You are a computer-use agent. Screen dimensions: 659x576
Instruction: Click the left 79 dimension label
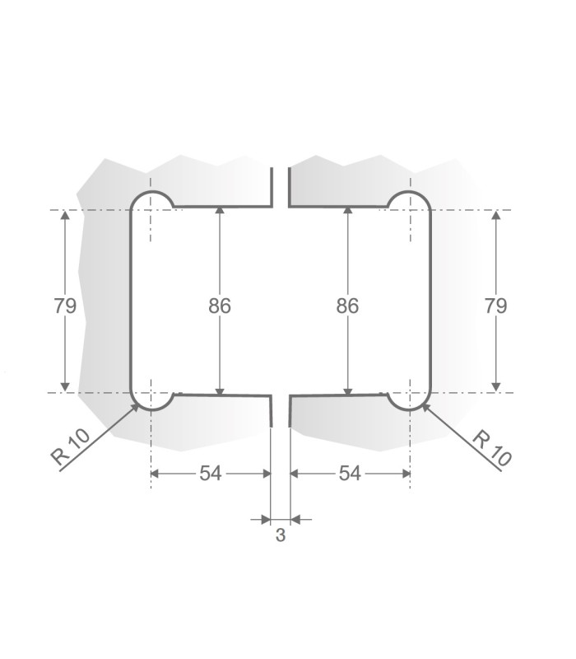tap(65, 306)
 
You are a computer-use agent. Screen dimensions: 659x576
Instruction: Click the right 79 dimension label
tap(495, 306)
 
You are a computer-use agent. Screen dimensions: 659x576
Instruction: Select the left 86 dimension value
tap(219, 306)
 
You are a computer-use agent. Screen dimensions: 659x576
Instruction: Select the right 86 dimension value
tap(347, 306)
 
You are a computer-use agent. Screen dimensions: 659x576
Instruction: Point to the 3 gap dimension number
tap(280, 536)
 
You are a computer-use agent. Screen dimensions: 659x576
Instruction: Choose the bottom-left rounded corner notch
tap(151, 400)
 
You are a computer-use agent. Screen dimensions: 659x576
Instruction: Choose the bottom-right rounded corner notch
tap(410, 400)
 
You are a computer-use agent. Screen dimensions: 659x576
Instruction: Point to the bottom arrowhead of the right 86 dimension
tap(347, 390)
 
